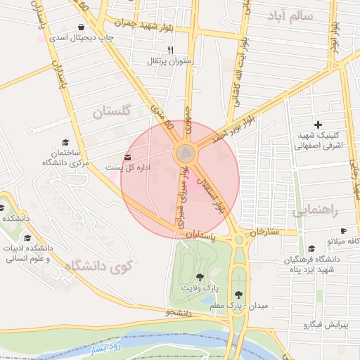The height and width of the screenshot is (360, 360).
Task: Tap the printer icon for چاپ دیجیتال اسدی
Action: point(92,27)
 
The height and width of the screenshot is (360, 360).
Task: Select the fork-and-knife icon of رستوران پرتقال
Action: point(170,50)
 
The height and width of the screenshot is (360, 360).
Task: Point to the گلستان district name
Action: point(112,110)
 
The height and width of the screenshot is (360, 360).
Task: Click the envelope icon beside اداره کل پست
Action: point(127,157)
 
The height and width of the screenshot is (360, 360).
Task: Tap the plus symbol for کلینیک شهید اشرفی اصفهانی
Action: point(318,124)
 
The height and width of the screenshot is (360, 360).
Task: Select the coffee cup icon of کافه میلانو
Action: point(343,231)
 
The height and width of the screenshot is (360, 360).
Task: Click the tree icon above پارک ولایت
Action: point(200,277)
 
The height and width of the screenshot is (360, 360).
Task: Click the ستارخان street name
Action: point(264,231)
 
